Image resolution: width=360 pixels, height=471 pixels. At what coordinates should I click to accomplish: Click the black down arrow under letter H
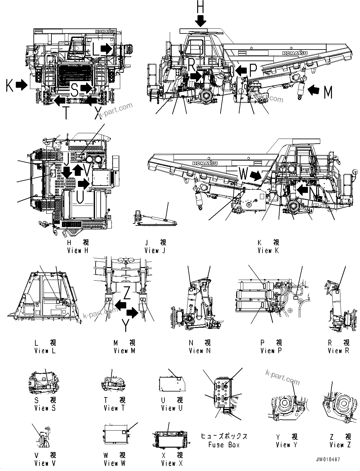200,21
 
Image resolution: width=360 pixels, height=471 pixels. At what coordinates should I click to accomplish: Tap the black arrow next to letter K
22,85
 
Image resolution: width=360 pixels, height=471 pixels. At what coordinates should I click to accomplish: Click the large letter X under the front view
99,113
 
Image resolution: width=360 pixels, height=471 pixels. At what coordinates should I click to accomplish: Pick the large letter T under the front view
66,113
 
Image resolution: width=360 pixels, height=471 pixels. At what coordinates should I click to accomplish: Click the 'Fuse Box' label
224,445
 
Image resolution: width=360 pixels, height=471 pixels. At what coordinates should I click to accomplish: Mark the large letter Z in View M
127,293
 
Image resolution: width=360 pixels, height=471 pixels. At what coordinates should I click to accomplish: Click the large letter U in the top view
80,197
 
